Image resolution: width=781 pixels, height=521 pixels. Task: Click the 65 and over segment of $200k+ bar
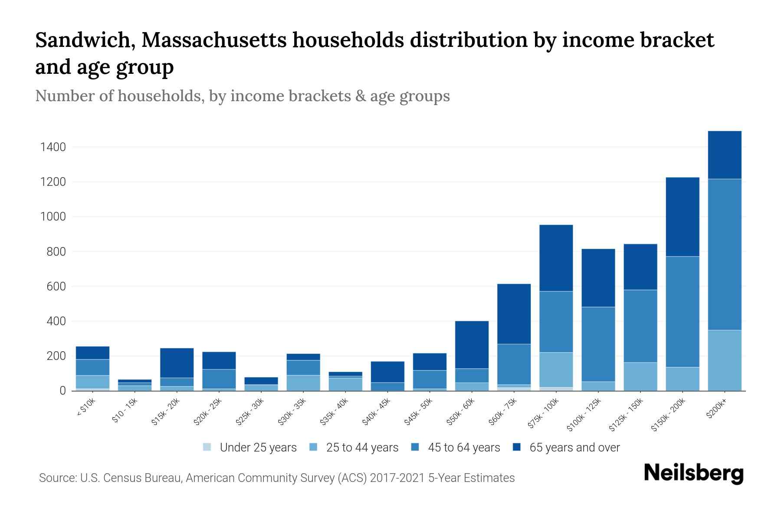[724, 155]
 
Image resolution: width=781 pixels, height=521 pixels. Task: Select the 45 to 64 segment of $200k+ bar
[724, 254]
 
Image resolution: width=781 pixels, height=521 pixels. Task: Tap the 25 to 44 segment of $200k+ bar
[724, 360]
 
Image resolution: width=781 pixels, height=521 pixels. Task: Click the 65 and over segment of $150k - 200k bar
[682, 217]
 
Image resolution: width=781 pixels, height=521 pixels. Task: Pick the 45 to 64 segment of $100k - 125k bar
[598, 344]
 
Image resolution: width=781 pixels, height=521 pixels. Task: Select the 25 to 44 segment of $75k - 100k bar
[556, 369]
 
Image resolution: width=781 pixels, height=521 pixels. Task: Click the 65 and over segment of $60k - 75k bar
[514, 314]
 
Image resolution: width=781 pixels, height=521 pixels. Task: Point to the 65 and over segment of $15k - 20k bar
[177, 363]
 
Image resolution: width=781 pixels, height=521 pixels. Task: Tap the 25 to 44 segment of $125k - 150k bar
[640, 376]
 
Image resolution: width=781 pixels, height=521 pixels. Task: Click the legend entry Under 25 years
[258, 448]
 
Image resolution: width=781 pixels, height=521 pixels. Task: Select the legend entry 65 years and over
[574, 448]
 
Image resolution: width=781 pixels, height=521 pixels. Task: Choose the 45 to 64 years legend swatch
[415, 447]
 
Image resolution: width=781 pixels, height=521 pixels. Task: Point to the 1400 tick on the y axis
[53, 147]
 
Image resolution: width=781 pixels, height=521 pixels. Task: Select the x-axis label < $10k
[86, 408]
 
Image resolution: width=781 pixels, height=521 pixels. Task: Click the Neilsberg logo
[693, 473]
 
